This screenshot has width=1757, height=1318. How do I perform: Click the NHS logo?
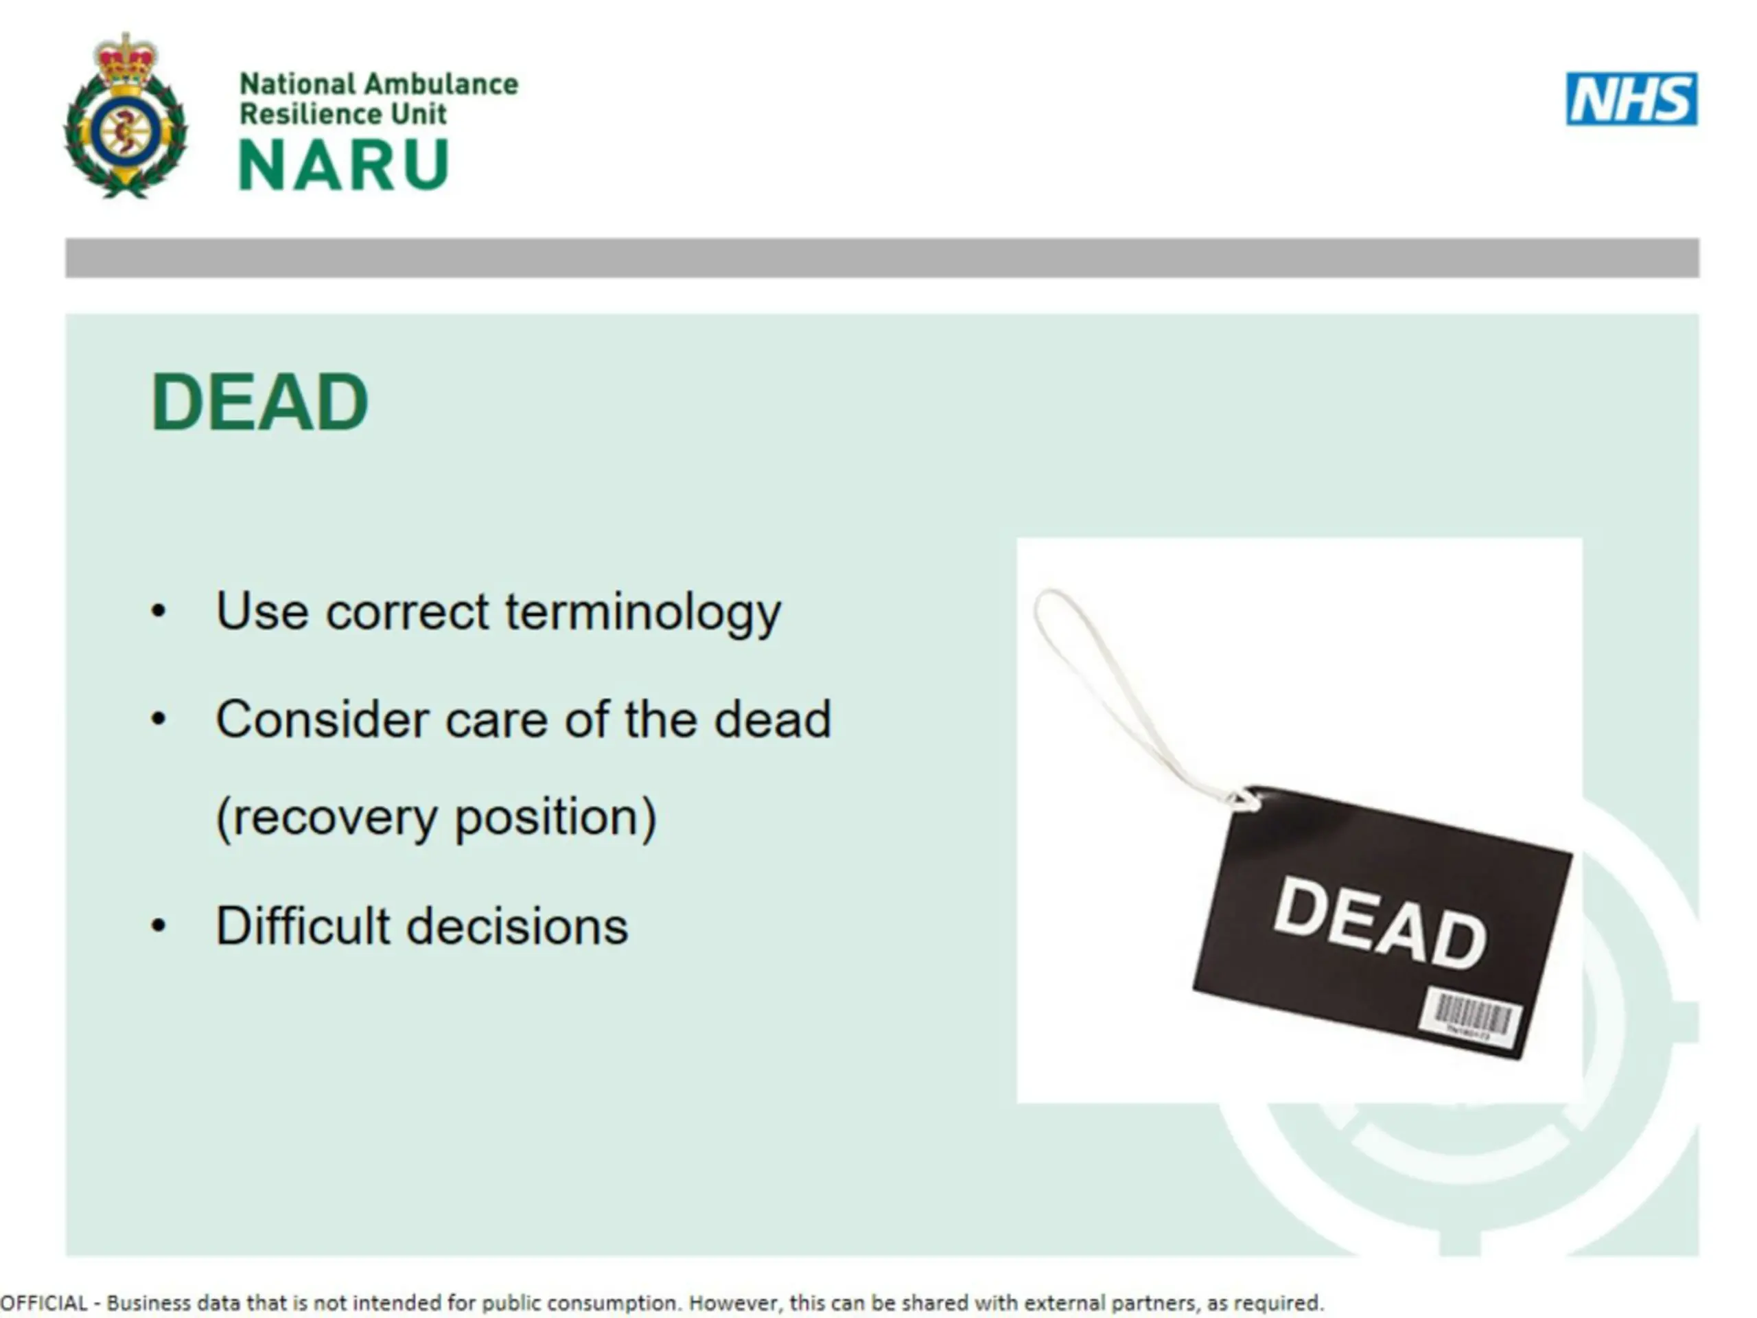(x=1631, y=99)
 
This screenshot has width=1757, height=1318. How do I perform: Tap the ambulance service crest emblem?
(x=126, y=116)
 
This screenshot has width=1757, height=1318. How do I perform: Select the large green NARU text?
(x=344, y=165)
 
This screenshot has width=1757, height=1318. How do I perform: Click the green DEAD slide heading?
(x=259, y=402)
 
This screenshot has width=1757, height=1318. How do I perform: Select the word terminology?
(x=643, y=613)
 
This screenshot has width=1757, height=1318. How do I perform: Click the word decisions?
(x=517, y=926)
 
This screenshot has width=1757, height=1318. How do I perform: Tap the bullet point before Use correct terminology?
(x=159, y=612)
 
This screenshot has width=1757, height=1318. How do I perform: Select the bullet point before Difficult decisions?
(x=159, y=925)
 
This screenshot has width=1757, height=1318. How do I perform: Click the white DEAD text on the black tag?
(x=1380, y=924)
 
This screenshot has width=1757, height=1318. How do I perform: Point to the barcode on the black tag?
(x=1471, y=1018)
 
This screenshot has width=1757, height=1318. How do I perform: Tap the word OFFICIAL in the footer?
(x=44, y=1303)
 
